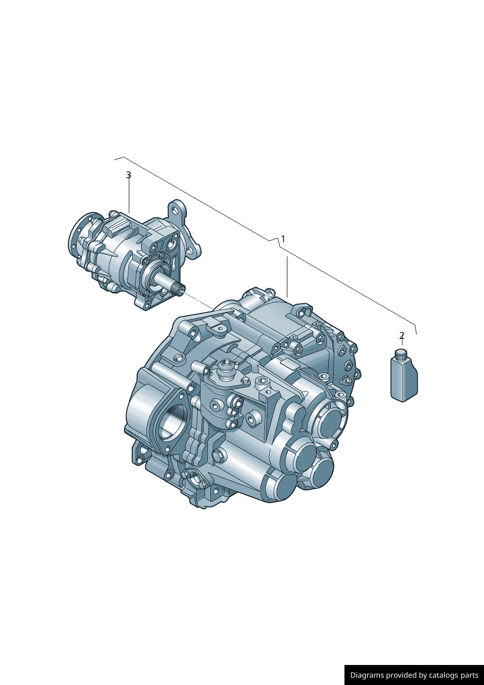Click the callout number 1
[x=283, y=239]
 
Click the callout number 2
[x=402, y=335]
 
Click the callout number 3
[x=129, y=175]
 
